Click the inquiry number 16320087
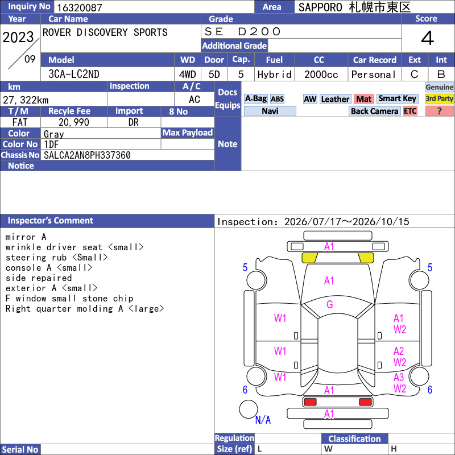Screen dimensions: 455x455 80,7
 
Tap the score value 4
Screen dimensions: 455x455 428,38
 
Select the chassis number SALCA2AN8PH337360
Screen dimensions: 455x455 87,155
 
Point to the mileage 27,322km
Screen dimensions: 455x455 26,100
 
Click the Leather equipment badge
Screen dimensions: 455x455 335,99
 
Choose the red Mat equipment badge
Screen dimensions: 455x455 363,99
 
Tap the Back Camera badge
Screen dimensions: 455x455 374,111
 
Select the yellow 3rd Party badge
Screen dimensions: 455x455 439,98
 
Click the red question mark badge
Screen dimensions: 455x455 439,111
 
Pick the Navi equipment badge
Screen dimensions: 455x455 270,111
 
